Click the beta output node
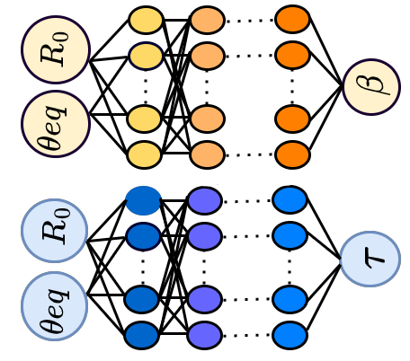[x=371, y=87]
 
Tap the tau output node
[x=370, y=260]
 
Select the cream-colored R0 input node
[x=56, y=50]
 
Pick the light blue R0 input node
[x=55, y=231]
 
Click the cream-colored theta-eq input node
[x=56, y=124]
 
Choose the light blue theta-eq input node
[x=55, y=306]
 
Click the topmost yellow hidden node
[x=146, y=20]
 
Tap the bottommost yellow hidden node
[x=145, y=154]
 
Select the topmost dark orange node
[x=292, y=20]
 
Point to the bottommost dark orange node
[x=292, y=154]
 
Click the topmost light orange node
[x=207, y=20]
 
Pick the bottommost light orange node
[x=207, y=155]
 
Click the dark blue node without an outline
[x=143, y=200]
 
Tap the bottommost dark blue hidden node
[x=142, y=335]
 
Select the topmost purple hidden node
[x=205, y=200]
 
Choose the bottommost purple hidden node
[x=205, y=335]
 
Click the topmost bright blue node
[x=290, y=199]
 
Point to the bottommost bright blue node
[x=290, y=335]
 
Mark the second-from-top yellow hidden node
[x=146, y=56]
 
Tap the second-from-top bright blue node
[x=290, y=236]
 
